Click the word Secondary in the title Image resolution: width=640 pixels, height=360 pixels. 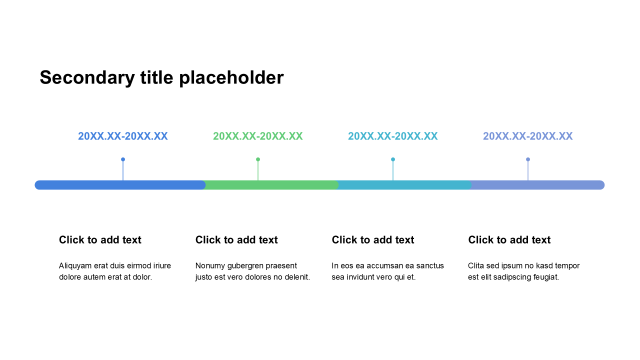(87, 77)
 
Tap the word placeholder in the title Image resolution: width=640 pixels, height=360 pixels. (231, 77)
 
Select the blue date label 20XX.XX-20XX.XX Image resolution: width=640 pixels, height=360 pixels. (123, 136)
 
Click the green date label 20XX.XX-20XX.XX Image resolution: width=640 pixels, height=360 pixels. (257, 136)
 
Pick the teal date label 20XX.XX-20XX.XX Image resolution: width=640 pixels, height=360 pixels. (393, 136)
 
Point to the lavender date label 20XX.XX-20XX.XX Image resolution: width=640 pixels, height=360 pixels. (527, 136)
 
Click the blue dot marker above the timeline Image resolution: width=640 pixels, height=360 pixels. (123, 159)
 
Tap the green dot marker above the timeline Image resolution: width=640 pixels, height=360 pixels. (258, 159)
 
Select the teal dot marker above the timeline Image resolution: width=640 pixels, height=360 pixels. (393, 159)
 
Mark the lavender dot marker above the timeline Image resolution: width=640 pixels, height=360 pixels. (528, 159)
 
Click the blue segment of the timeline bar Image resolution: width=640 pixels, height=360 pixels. (120, 185)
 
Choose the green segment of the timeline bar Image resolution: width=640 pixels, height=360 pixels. (271, 185)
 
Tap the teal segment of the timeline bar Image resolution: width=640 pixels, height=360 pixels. (404, 185)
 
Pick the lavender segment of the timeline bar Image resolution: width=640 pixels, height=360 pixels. (537, 185)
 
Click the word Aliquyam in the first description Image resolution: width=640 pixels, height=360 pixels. (75, 266)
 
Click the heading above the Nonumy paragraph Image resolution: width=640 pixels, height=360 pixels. (236, 240)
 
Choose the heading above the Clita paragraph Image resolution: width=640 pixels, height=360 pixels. (509, 240)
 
